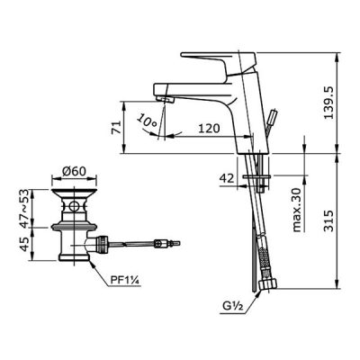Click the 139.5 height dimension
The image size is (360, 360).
click(x=329, y=103)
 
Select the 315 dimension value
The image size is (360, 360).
click(x=329, y=220)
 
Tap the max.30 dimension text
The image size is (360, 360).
click(x=296, y=210)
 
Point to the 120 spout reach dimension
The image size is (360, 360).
click(x=209, y=129)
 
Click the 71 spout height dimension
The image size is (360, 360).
click(x=116, y=127)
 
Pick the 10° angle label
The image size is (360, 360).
click(x=147, y=121)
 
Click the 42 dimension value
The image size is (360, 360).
click(x=227, y=178)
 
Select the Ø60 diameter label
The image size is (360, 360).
click(x=74, y=171)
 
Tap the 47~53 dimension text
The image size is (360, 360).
click(x=27, y=208)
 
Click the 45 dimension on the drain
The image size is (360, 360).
click(x=27, y=244)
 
